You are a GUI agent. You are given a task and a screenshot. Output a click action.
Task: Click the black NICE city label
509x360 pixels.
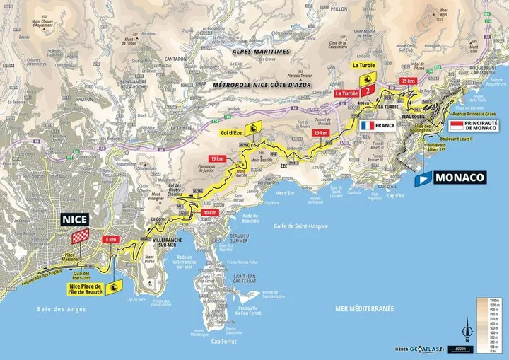tap(74, 219)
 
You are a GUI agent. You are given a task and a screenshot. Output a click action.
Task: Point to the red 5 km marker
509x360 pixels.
tap(111, 239)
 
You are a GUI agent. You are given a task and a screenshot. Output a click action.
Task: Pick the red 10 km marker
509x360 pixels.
tap(209, 212)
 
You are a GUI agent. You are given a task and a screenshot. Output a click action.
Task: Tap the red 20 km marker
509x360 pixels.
tap(320, 132)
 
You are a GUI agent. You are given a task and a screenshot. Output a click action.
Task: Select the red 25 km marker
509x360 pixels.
tap(408, 81)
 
